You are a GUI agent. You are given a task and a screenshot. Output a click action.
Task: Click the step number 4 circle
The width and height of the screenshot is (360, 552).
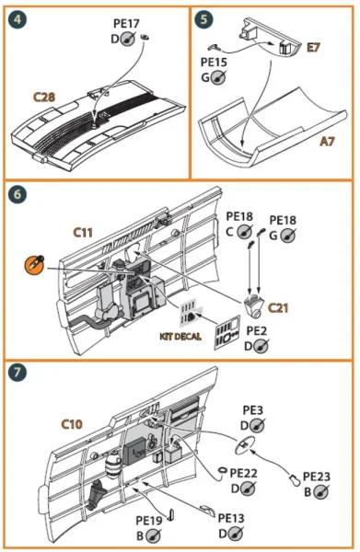[17, 19]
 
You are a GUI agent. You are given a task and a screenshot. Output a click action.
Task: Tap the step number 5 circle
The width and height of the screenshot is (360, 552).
[204, 19]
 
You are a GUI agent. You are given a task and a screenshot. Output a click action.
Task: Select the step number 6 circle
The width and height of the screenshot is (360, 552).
[17, 194]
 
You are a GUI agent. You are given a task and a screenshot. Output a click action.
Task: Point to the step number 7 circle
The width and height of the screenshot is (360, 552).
[17, 372]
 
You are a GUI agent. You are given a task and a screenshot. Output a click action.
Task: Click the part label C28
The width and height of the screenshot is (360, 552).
[44, 97]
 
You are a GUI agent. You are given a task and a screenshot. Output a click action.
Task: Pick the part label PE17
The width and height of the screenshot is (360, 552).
[126, 24]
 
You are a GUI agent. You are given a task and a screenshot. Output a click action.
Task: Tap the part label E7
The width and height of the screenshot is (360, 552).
[313, 47]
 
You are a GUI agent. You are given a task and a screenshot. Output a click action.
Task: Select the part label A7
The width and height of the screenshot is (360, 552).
[327, 141]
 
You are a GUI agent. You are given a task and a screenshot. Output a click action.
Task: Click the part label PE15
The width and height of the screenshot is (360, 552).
[214, 63]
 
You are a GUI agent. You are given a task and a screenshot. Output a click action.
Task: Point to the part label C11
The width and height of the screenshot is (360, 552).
[83, 233]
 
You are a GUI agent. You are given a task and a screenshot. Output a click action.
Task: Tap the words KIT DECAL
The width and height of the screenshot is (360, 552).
[180, 337]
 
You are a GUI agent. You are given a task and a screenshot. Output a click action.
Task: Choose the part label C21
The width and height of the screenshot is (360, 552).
[278, 308]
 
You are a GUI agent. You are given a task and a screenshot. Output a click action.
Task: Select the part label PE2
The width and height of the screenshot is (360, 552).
[257, 330]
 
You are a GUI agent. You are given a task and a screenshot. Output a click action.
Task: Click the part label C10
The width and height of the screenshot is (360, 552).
[72, 424]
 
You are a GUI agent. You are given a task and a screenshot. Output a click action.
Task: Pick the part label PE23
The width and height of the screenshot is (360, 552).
[317, 477]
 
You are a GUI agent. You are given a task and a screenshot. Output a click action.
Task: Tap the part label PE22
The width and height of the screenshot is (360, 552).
[243, 473]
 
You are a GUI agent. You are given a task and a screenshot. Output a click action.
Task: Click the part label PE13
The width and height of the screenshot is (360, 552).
[231, 518]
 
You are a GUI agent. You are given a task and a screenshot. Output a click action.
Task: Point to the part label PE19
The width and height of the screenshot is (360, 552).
[149, 521]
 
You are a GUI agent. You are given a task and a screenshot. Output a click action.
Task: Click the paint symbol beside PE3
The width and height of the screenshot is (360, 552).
[257, 426]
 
